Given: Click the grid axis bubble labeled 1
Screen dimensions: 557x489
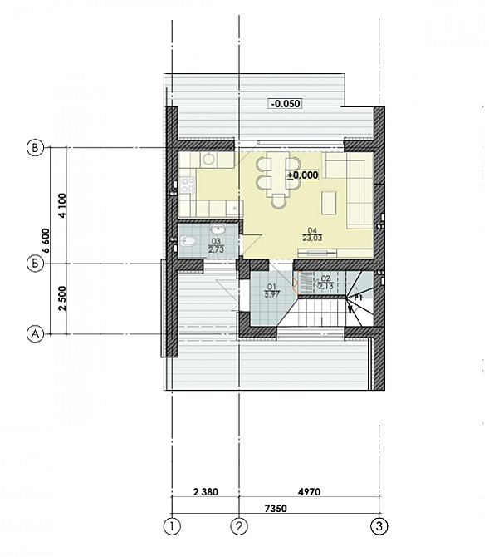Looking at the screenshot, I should (x=171, y=525).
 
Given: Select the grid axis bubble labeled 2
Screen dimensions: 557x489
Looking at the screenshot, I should (x=239, y=525).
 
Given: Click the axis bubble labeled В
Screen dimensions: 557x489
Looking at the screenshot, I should (x=35, y=148).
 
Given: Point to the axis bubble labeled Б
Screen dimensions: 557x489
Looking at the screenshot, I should (x=35, y=264).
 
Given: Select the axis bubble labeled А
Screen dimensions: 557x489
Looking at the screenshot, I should (x=35, y=334).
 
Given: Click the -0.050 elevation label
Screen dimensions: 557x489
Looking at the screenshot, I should (x=284, y=104).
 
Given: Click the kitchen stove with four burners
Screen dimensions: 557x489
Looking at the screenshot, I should (x=187, y=185).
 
